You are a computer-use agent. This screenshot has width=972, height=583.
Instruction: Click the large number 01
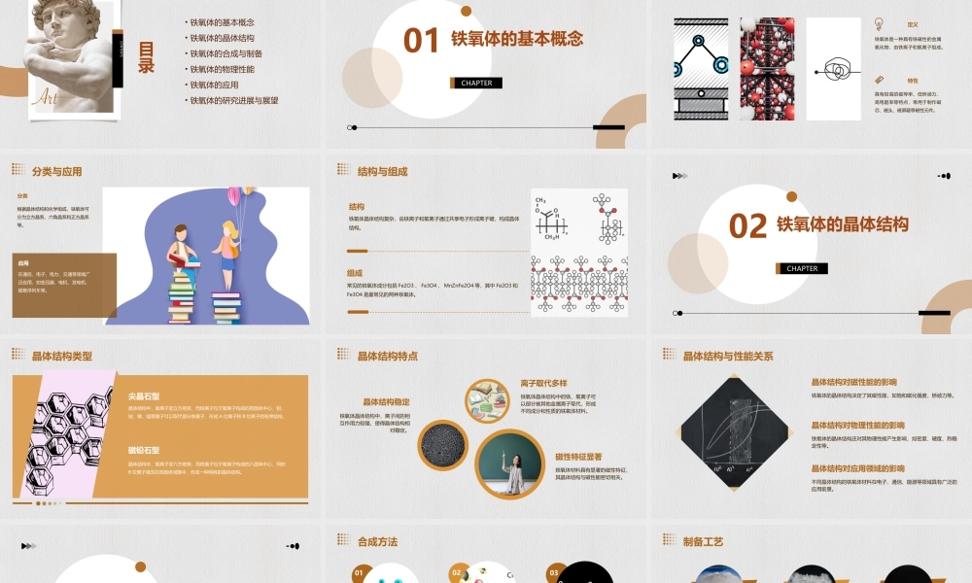tap(422, 40)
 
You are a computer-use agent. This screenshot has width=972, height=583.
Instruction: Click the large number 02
tap(747, 225)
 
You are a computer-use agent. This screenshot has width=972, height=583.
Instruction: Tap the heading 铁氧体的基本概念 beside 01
tap(517, 39)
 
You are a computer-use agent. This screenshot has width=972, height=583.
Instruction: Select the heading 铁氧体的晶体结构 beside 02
tap(843, 224)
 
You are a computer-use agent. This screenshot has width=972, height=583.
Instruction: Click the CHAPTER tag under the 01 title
tap(476, 83)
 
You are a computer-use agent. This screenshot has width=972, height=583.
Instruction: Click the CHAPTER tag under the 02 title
tap(802, 268)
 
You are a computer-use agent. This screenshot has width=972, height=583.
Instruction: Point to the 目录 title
tap(146, 57)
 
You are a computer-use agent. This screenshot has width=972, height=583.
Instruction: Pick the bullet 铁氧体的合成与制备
tap(226, 53)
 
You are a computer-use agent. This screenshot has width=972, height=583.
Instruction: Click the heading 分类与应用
tap(56, 172)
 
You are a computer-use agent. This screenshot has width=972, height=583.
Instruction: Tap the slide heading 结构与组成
tap(382, 172)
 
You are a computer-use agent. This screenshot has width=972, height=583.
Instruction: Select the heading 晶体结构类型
tap(61, 357)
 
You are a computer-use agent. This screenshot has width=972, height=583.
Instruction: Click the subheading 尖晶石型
tap(144, 396)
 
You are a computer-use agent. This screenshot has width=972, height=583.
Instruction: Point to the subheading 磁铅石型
tap(144, 451)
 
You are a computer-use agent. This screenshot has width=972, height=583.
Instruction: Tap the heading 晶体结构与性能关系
tap(728, 357)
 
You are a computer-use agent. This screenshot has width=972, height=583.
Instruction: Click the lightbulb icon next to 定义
tap(879, 23)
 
